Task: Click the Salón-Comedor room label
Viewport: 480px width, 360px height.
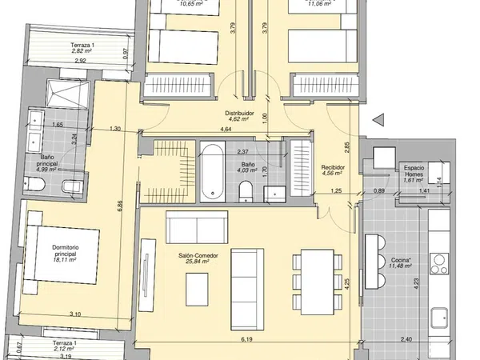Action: coord(198,255)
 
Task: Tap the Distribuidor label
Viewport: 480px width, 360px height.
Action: coord(239,113)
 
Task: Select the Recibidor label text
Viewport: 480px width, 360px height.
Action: coord(333,167)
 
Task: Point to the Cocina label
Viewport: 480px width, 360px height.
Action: coord(401,260)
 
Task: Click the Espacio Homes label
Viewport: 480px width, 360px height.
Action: coord(414,171)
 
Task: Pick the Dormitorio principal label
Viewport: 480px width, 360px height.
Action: coord(66,250)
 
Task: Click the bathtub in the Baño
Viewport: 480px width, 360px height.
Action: coord(213,171)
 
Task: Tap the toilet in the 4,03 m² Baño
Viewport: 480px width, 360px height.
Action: coord(246,191)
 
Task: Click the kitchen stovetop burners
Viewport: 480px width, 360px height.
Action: coord(439,264)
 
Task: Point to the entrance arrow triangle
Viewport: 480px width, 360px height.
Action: coord(378,119)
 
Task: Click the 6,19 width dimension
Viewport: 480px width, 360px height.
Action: coord(246,339)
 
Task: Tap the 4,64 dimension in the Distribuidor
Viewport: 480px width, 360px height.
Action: coord(226,129)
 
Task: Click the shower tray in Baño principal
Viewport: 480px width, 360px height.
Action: coord(68,93)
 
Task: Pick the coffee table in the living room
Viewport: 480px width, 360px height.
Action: coord(197,289)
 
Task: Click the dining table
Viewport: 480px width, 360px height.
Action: coord(317,282)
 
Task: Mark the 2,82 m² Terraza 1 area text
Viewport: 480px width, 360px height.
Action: coord(82,51)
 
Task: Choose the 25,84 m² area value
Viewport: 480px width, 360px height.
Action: coord(198,262)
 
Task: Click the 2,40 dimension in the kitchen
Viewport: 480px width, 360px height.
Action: coord(406,339)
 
